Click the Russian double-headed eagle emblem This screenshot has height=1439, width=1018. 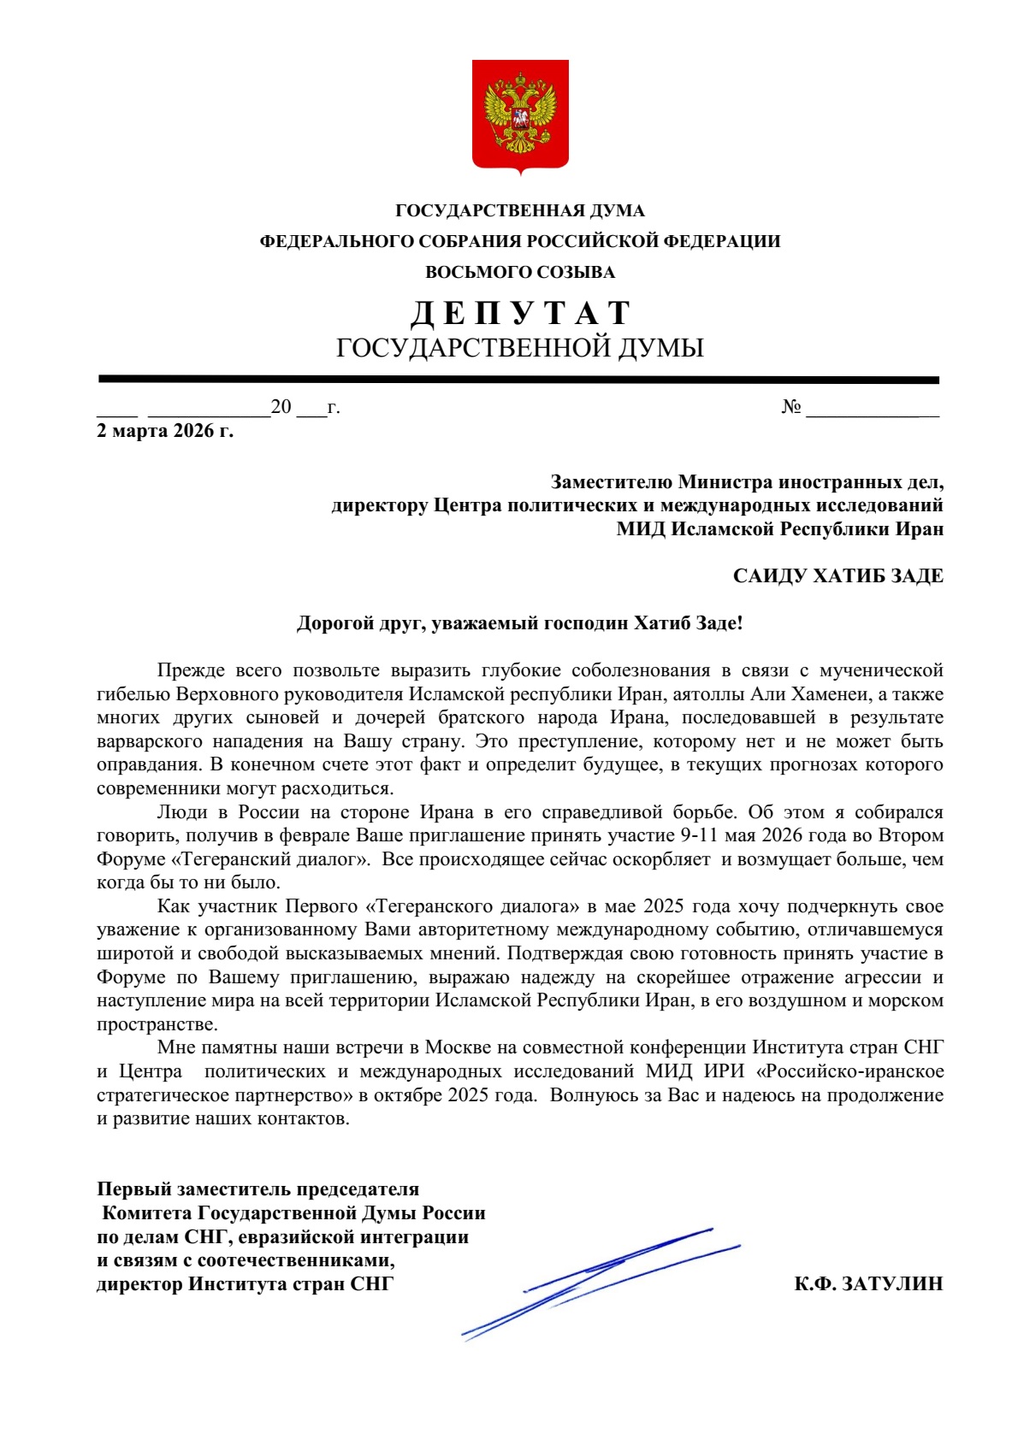tap(520, 115)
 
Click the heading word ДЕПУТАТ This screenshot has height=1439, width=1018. tap(520, 313)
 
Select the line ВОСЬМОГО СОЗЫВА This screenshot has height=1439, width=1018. tap(520, 273)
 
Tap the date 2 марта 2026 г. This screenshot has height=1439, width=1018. tap(164, 430)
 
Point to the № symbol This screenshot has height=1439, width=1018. tap(790, 407)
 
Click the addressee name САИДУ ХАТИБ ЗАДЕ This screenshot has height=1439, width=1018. tap(837, 576)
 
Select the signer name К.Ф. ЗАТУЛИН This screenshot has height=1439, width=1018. tap(868, 1283)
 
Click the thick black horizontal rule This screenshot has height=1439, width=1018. tap(518, 380)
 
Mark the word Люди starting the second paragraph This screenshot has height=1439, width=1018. tap(181, 812)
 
